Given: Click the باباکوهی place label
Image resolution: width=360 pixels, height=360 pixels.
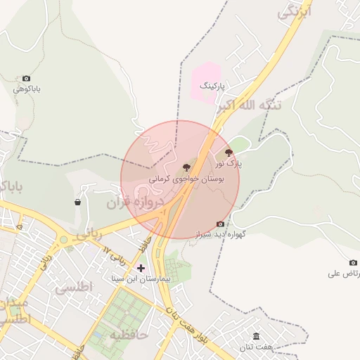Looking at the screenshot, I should (x=27, y=89).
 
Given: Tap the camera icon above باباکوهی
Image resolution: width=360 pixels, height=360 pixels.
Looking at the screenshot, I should (x=27, y=79).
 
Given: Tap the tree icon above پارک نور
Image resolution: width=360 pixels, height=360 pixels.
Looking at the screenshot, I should (x=229, y=152).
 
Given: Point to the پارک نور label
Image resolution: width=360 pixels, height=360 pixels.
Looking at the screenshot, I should (x=229, y=163).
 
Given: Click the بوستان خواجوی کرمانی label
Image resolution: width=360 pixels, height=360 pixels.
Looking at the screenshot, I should (x=186, y=179).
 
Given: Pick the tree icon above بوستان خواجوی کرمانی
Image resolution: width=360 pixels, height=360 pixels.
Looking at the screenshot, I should (x=186, y=167).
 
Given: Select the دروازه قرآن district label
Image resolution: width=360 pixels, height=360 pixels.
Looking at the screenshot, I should (x=135, y=203).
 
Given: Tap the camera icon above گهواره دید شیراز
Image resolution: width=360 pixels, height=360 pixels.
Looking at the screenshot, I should (x=220, y=224).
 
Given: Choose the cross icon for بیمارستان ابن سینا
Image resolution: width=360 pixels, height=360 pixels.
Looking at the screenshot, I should (x=141, y=268).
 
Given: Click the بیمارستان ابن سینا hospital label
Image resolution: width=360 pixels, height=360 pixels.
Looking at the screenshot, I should (x=141, y=279).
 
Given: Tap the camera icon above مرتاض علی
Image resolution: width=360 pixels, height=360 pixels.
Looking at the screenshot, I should (x=333, y=262).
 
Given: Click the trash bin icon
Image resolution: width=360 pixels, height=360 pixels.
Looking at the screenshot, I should (x=77, y=202).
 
